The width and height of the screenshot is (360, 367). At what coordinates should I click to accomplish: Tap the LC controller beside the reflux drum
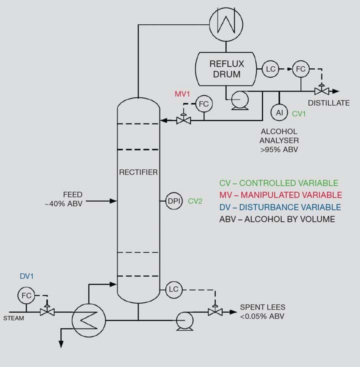point(270,69)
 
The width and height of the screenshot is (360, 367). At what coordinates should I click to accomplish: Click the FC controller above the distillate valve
point(300,69)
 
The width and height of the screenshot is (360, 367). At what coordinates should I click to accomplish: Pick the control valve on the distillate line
point(321,91)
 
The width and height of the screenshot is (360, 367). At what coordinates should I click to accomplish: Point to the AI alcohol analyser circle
point(279,112)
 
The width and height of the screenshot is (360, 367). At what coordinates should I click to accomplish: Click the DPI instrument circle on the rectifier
point(173,201)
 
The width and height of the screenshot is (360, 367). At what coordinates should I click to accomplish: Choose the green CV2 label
point(195,201)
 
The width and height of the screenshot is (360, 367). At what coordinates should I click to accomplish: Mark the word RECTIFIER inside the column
point(138,172)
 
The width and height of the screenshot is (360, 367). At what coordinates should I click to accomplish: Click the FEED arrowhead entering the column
point(114,201)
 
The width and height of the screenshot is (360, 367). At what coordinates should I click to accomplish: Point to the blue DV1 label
point(27,275)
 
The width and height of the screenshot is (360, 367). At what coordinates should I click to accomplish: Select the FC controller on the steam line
point(26,295)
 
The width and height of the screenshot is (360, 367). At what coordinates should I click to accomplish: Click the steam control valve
point(47,311)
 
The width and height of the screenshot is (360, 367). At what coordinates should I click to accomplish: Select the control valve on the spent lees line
point(215,311)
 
